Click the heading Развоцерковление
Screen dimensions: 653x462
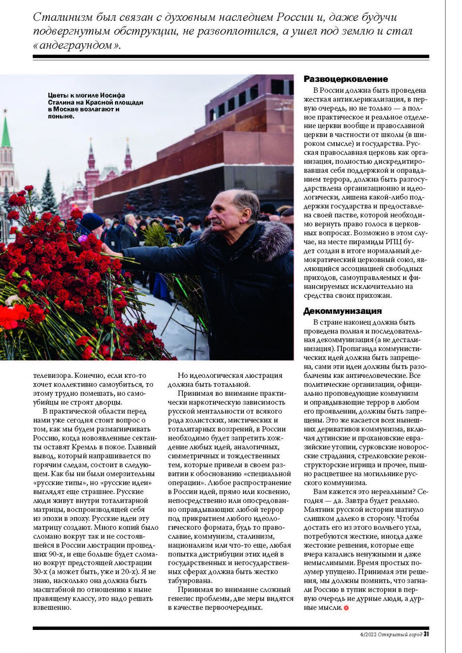[x=345, y=79]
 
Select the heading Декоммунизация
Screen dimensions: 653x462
[x=342, y=311]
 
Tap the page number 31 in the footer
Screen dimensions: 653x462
[x=426, y=634]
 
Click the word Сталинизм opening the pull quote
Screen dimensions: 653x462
[x=63, y=17]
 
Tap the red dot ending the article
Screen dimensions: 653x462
[x=346, y=608]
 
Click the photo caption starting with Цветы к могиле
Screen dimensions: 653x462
[x=95, y=106]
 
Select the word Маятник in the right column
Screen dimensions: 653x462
[x=319, y=509]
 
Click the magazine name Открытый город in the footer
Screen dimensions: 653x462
[x=400, y=634]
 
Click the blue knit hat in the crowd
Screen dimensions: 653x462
[x=92, y=221]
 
